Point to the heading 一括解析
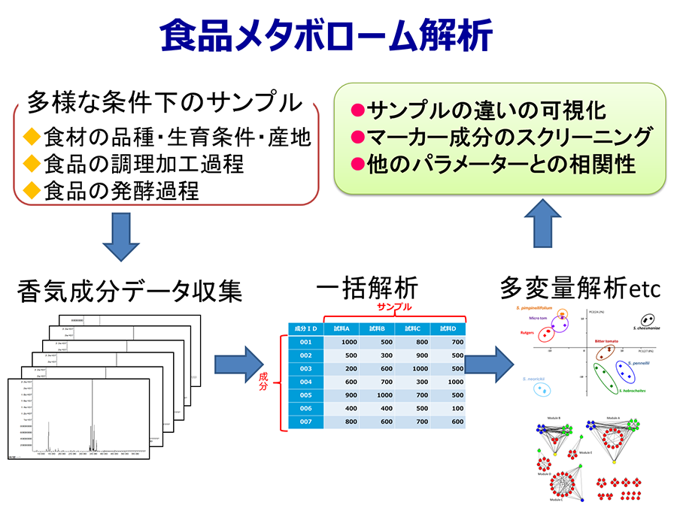click(366, 289)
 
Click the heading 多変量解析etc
click(578, 287)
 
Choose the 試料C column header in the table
click(411, 328)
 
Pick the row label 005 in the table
click(305, 395)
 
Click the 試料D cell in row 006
click(448, 408)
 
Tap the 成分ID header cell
click(305, 328)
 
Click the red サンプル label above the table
click(394, 307)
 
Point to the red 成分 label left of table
click(263, 380)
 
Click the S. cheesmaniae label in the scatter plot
click(646, 328)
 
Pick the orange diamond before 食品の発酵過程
click(31, 191)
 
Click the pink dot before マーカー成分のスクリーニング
click(358, 138)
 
